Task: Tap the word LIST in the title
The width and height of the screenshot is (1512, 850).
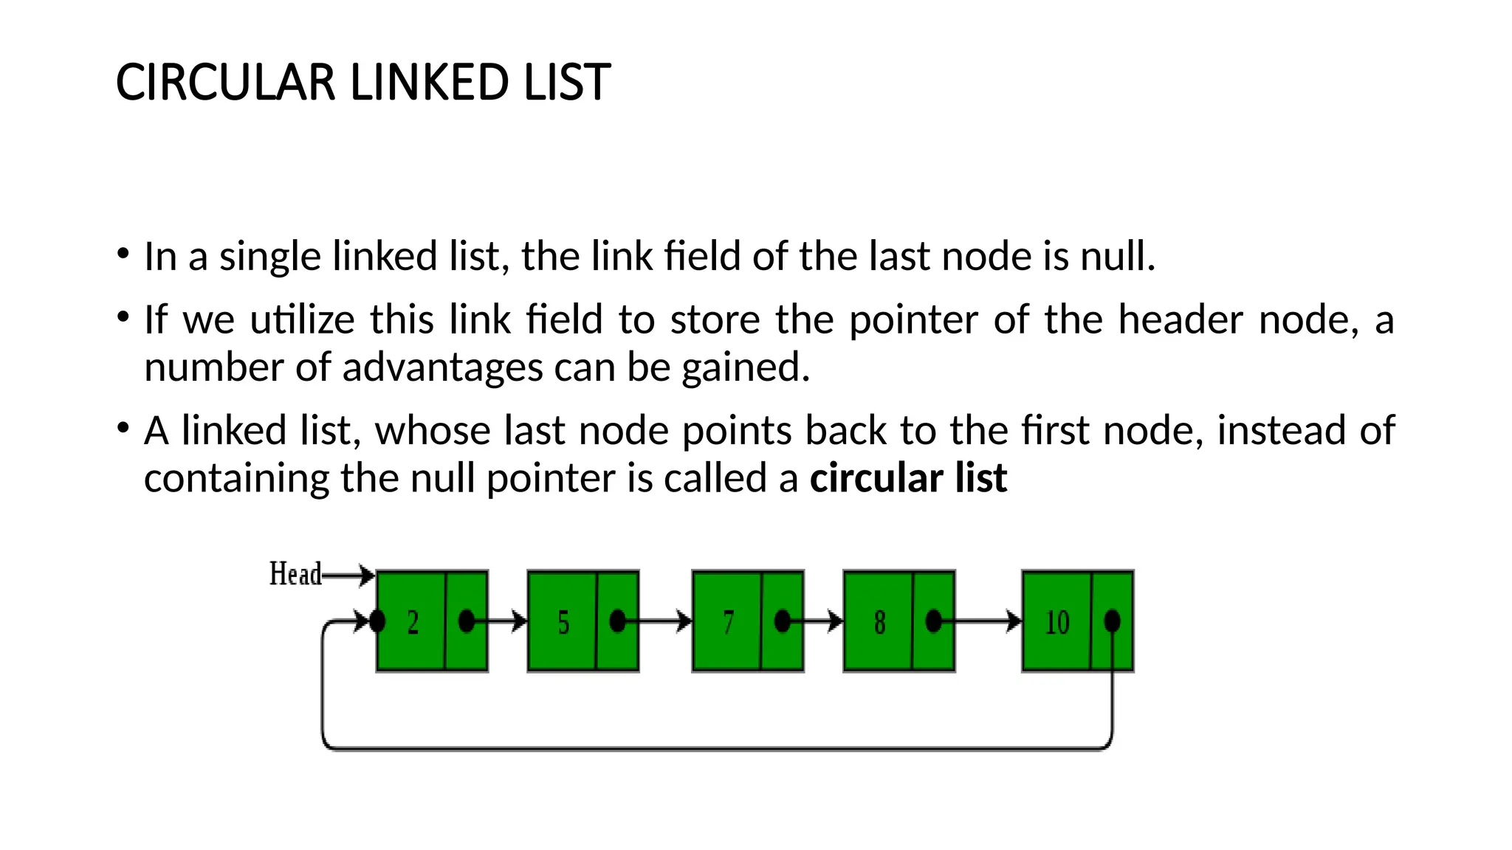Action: tap(566, 82)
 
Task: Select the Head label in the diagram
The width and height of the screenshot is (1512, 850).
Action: tap(295, 574)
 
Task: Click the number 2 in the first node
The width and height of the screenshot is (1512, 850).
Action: tap(413, 623)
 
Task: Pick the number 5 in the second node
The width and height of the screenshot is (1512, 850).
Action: tap(563, 623)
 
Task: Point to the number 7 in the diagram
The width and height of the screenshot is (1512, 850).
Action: tap(729, 623)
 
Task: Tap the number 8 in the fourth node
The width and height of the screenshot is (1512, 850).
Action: tap(879, 623)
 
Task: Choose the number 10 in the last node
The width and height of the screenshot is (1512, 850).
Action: tap(1056, 623)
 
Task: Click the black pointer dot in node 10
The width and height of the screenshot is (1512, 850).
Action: tap(1112, 621)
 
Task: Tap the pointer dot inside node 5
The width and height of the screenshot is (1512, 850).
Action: tap(618, 621)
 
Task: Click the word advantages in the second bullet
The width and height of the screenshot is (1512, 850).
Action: tap(442, 367)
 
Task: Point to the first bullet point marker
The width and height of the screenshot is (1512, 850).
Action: tap(123, 255)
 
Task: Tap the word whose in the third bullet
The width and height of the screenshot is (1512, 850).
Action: tap(433, 431)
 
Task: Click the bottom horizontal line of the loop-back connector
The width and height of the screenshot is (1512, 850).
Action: tap(716, 748)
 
